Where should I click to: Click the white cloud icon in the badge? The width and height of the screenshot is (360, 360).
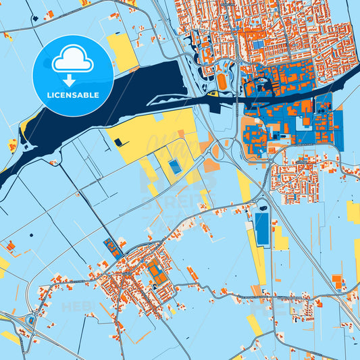[x=72, y=61]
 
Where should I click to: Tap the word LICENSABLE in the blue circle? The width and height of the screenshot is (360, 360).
[x=73, y=95]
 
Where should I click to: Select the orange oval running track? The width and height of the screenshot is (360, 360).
[x=222, y=82]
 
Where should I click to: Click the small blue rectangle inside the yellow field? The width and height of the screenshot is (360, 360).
[x=174, y=166]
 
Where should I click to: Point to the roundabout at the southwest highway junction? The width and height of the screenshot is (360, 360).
[x=31, y=321]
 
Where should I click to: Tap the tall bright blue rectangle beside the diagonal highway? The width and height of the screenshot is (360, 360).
[x=261, y=229]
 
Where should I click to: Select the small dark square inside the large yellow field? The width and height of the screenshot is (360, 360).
[x=119, y=142]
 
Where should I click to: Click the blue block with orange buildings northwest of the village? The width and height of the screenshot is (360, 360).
[x=112, y=248]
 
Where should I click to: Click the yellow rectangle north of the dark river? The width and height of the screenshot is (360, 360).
[x=122, y=52]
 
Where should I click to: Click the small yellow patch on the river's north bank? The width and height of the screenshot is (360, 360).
[x=25, y=126]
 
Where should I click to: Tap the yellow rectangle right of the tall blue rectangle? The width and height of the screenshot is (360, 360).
[x=280, y=239]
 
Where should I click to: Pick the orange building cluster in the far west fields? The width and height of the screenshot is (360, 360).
[x=10, y=246]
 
